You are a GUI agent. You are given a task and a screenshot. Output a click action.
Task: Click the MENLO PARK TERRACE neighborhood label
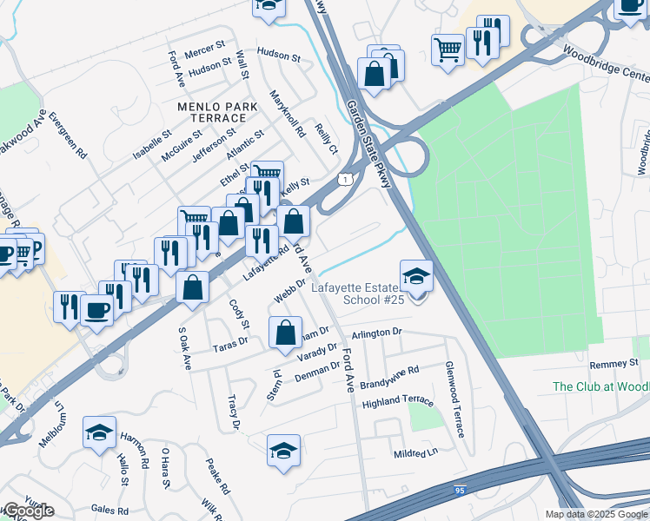[212, 111]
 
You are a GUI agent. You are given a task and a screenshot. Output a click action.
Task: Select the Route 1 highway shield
[346, 179]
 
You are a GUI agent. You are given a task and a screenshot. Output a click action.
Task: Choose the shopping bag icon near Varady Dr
[285, 333]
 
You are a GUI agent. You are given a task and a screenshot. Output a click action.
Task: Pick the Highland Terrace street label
[397, 399]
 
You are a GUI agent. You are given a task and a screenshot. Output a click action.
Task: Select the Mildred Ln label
[415, 453]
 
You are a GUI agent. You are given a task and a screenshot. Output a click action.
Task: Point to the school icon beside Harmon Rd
[100, 432]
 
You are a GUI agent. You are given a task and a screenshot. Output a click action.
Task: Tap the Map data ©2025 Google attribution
[595, 514]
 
